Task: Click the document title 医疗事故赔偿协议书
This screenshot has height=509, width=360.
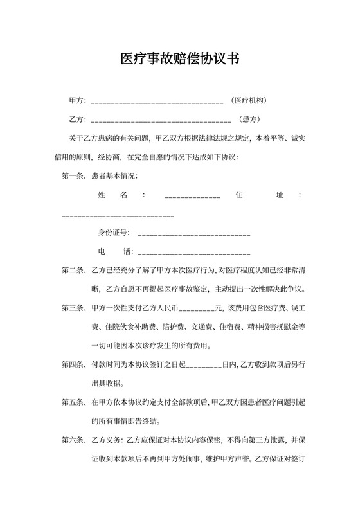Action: [x=180, y=60]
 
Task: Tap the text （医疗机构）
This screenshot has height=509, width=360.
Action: [x=249, y=101]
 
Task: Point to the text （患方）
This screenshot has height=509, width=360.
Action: [x=249, y=119]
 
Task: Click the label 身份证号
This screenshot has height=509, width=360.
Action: [x=114, y=232]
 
